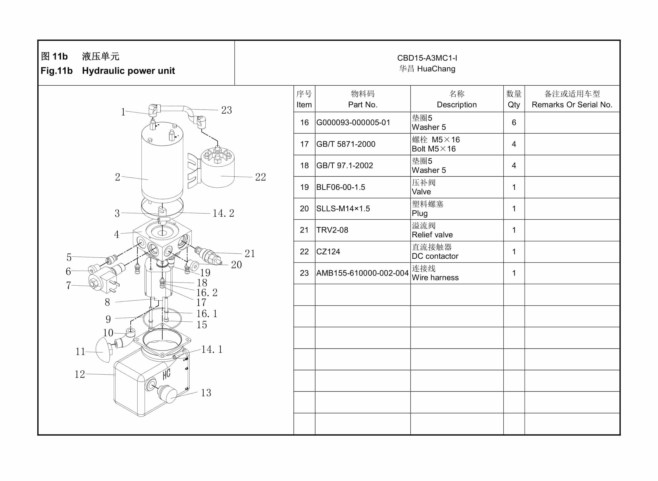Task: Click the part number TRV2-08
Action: coord(332,230)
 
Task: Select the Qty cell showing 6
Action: coord(514,122)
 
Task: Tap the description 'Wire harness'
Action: coord(435,278)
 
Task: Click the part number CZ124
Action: coord(328,252)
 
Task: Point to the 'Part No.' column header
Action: coord(363,105)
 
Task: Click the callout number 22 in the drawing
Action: coord(260,177)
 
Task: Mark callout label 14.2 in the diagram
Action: coord(223,214)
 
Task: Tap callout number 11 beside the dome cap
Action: coord(80,352)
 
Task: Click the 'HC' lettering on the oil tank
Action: coord(166,374)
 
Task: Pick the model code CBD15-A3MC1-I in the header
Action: coord(427,58)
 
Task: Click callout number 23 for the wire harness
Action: coord(226,110)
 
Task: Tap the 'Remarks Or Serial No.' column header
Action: coord(572,105)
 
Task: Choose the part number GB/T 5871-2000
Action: coord(346,144)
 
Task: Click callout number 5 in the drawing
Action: coord(69,257)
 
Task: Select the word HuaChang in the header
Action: coord(436,69)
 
